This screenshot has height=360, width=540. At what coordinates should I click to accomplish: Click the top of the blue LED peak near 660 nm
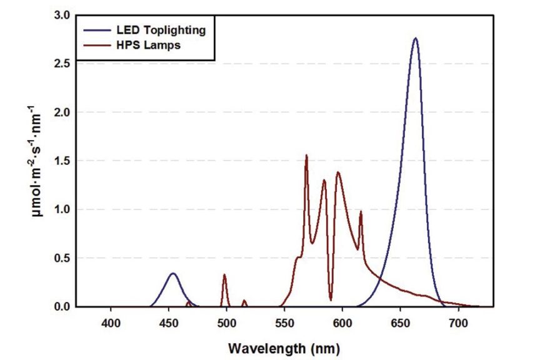(415, 39)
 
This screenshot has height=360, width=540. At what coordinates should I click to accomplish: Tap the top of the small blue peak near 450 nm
(173, 274)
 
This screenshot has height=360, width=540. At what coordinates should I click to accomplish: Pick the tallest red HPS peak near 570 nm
(306, 156)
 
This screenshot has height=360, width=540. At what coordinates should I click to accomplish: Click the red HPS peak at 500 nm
(224, 275)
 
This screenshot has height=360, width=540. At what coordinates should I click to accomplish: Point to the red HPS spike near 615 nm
(361, 212)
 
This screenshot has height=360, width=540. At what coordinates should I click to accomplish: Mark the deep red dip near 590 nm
(331, 300)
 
